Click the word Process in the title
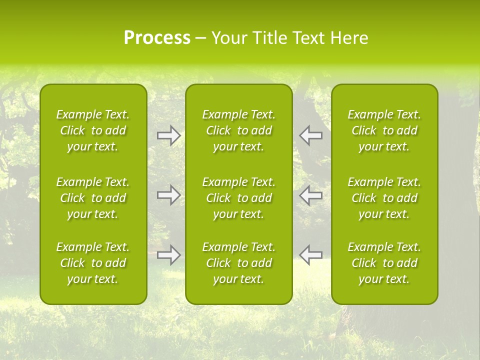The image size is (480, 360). [157, 38]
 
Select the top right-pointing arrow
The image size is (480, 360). [168, 135]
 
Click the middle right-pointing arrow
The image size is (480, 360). [168, 195]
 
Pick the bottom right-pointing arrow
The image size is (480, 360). [168, 255]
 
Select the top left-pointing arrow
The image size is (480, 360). [310, 135]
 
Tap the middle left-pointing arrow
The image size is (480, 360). [310, 195]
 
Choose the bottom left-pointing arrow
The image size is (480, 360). [310, 255]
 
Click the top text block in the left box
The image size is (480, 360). [93, 130]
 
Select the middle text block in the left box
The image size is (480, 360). [93, 198]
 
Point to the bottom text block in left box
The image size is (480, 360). [93, 263]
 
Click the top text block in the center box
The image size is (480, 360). [238, 130]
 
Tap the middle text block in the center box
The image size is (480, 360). [238, 198]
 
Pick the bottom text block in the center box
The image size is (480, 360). [238, 263]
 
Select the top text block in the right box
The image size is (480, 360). [384, 130]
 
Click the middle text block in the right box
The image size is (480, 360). [384, 198]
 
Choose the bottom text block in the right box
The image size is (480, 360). [384, 263]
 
